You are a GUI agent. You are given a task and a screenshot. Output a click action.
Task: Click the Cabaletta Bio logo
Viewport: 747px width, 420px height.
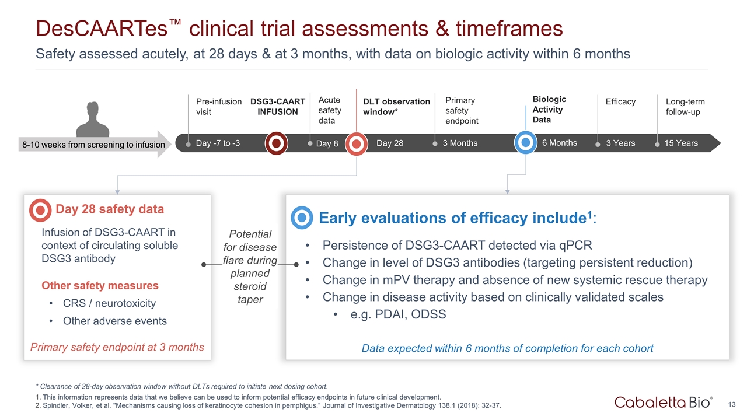coord(663,402)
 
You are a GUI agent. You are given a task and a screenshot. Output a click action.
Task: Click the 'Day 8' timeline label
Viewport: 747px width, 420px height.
coord(327,143)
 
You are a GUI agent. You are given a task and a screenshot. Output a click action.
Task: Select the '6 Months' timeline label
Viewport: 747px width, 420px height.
coord(559,142)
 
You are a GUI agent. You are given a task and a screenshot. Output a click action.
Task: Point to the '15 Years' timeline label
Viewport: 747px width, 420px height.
coord(681,143)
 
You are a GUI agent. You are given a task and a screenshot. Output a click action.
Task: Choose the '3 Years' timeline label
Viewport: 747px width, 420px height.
coord(620,143)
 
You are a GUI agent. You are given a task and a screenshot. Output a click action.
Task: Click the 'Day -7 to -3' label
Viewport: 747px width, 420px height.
coord(218,143)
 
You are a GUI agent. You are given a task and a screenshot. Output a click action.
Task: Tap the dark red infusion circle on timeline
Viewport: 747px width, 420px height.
coord(277,143)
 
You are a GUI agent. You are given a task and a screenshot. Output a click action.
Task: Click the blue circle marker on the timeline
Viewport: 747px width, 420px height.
coord(526,143)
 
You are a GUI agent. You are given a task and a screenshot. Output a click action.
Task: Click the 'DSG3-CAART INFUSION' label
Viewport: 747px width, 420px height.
coord(278,107)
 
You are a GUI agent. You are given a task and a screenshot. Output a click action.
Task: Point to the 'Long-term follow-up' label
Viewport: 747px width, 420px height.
coord(685,107)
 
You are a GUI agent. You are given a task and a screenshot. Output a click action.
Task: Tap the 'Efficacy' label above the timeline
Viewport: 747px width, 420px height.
coord(620,102)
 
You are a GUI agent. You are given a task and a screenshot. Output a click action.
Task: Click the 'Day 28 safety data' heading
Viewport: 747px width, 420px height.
coord(109,209)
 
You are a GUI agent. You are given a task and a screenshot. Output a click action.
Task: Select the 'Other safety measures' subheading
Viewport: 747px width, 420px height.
coord(100,285)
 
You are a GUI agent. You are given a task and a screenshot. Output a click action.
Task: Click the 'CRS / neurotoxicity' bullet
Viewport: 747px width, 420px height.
coord(109,303)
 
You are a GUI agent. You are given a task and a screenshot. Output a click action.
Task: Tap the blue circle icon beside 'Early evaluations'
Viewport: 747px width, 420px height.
coord(302,218)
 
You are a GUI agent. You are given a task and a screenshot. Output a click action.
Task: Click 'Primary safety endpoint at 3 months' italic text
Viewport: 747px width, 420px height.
coord(117,347)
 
